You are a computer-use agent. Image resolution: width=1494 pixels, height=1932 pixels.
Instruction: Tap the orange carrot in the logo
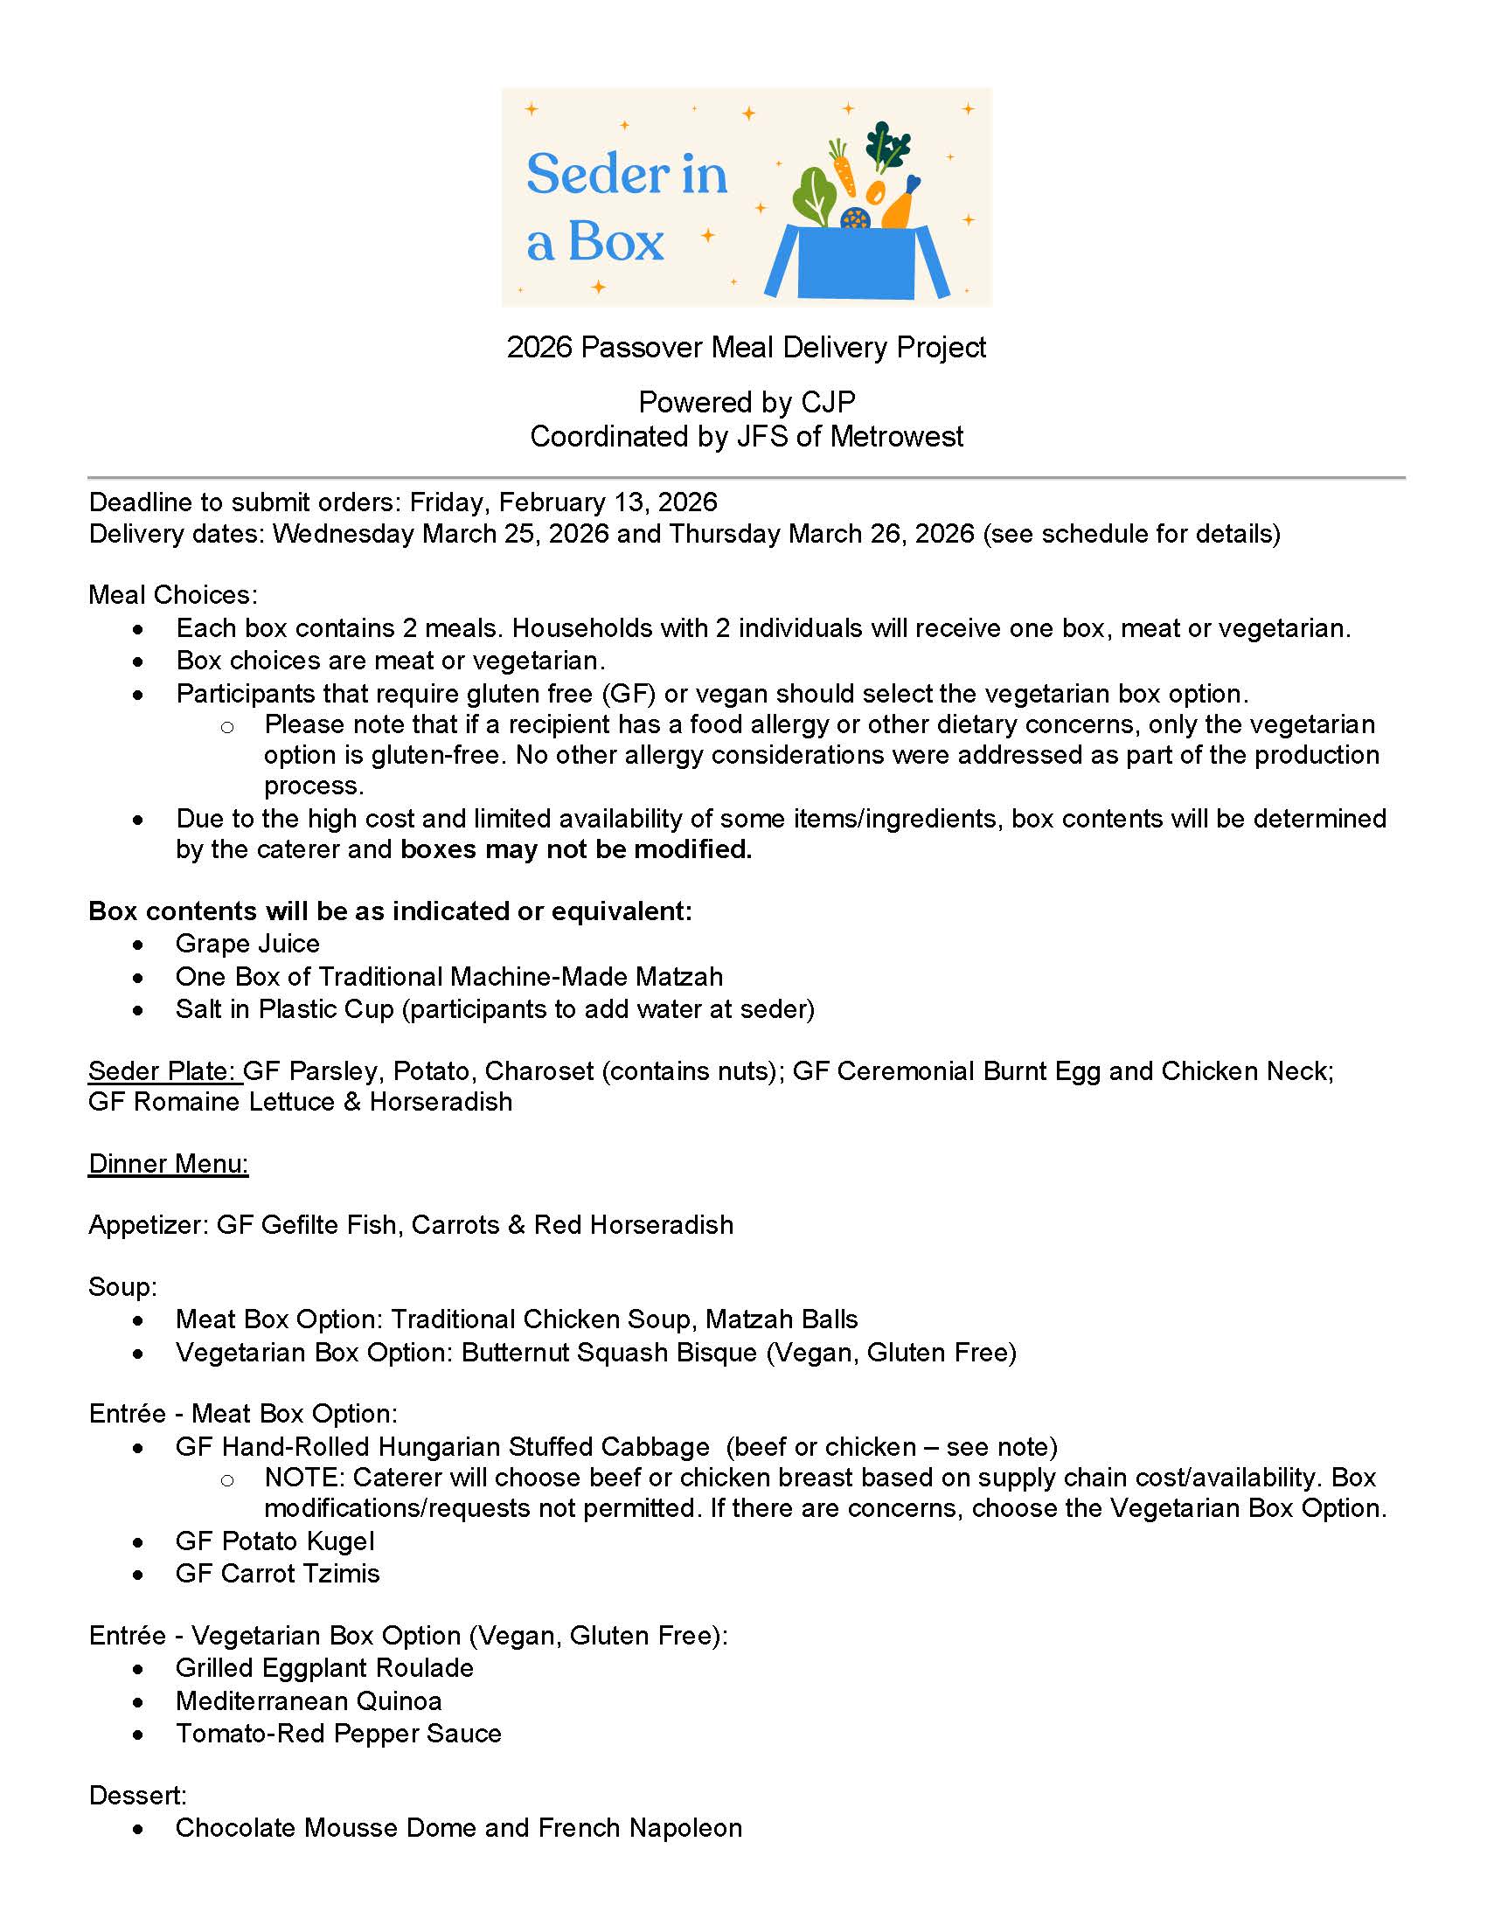843,167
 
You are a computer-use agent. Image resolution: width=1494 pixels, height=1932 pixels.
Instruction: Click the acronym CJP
828,403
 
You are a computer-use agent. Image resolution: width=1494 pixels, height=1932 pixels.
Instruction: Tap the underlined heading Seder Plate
163,1071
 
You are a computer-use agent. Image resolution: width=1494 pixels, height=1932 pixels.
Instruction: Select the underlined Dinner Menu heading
168,1164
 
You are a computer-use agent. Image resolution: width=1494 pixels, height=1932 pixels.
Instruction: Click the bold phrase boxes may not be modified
576,849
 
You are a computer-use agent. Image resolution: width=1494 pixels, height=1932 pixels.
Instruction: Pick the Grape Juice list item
247,944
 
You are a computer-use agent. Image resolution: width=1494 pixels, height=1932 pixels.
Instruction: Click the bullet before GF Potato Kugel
138,1543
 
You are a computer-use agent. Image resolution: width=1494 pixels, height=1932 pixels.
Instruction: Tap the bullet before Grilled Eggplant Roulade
138,1669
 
